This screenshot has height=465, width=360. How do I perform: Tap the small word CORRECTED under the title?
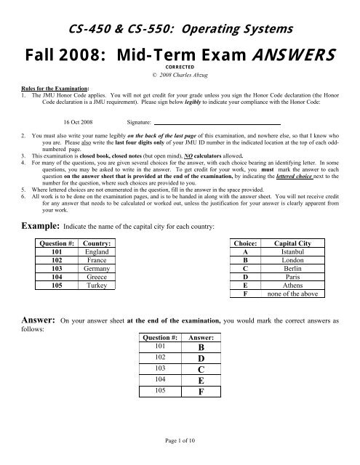[180, 72]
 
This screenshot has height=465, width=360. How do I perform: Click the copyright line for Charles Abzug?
[180, 81]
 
